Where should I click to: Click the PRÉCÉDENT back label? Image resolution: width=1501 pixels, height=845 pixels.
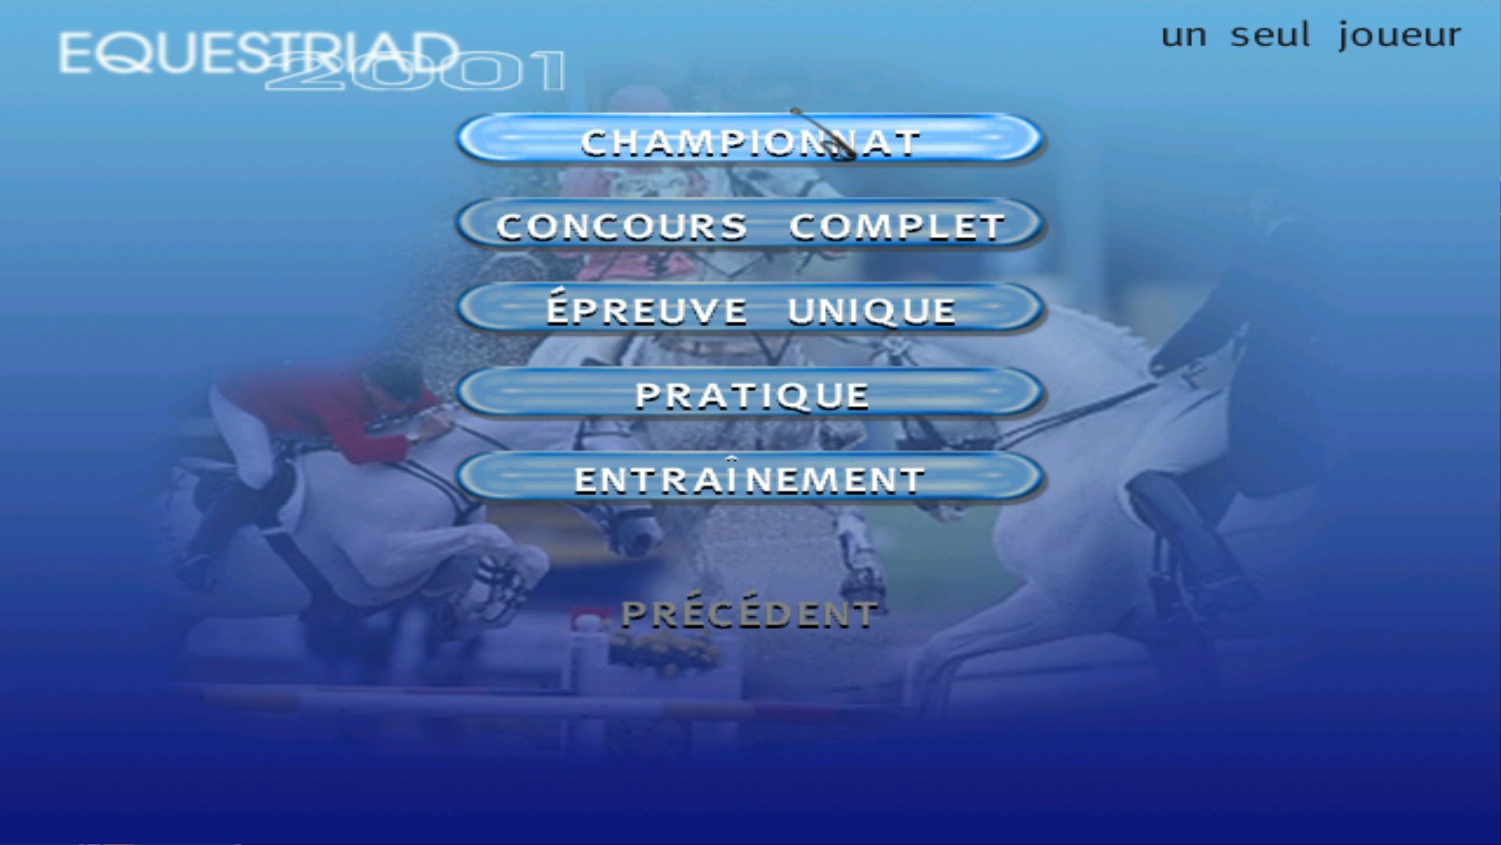pos(749,614)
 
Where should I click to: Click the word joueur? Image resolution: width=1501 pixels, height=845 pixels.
pos(1399,36)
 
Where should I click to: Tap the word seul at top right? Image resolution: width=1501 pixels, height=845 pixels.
pos(1270,34)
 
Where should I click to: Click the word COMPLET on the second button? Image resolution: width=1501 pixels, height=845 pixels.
pos(896,226)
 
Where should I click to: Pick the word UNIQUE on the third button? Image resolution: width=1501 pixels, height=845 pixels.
pos(871,311)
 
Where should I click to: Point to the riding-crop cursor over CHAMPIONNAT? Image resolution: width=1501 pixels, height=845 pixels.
pos(822,134)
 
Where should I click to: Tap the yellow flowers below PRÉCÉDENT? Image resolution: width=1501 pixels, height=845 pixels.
pos(665,653)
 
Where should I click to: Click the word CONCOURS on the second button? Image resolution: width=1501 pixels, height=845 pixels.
pos(622,226)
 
